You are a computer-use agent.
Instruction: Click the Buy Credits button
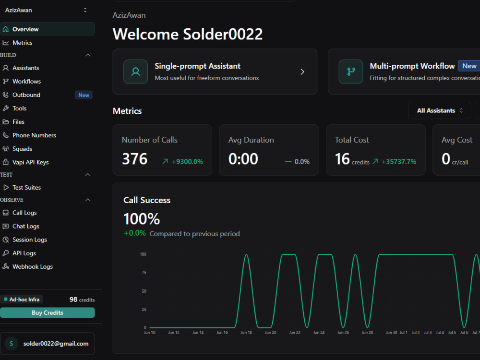coord(47,312)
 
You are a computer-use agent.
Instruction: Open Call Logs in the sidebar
coord(24,213)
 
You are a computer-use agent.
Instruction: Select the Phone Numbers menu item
coord(34,135)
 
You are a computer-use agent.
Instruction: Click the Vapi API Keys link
coord(31,162)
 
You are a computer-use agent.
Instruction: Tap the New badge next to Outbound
coord(84,95)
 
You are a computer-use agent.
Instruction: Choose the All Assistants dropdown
coord(440,110)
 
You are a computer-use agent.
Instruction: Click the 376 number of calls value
coord(135,159)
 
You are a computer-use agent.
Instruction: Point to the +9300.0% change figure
coord(187,162)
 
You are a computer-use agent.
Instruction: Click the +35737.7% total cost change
coord(399,162)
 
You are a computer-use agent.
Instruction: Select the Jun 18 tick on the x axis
coord(246,333)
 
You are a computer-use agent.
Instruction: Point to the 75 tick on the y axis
coord(144,273)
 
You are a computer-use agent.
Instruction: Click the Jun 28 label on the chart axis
coord(367,333)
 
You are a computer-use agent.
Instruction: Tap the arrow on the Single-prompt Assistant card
coord(302,72)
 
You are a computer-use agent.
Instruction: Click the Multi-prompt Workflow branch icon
coord(351,72)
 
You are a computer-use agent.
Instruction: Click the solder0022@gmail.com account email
coord(56,344)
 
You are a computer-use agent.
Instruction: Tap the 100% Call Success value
coord(142,219)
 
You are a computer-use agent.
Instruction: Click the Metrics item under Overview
coord(23,43)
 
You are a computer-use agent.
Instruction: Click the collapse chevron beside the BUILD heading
coord(88,55)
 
